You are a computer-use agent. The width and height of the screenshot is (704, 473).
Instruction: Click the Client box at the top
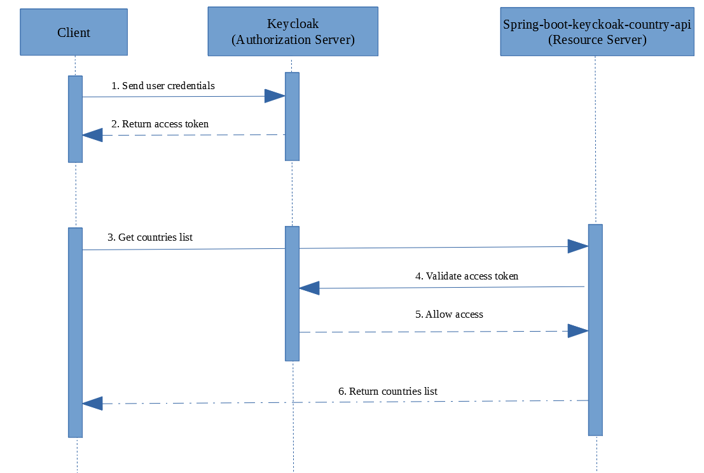74,32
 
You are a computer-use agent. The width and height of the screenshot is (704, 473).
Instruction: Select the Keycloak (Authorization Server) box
293,32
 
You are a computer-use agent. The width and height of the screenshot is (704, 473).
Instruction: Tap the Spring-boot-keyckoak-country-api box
597,32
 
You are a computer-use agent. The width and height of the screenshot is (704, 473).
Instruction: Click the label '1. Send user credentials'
163,85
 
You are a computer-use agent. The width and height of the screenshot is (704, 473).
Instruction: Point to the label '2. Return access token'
160,124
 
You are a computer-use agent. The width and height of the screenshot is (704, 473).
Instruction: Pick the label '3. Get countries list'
149,237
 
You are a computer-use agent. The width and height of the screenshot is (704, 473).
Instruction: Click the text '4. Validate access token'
467,276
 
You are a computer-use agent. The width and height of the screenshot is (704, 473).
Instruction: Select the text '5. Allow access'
449,314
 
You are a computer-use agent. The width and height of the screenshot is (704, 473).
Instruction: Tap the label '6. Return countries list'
387,392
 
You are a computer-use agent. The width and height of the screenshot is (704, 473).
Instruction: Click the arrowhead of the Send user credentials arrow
275,96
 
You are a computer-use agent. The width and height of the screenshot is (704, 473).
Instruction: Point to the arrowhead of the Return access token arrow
92,134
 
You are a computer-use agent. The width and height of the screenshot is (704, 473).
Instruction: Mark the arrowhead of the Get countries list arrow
577,246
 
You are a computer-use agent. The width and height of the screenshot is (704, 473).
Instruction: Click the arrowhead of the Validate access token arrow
309,288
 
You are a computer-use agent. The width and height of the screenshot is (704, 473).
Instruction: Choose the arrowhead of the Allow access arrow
577,331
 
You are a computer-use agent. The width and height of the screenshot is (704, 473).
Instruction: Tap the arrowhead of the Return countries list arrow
92,403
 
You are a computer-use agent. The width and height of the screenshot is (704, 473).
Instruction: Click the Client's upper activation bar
75,119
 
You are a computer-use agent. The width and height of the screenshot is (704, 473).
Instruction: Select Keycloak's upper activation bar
292,116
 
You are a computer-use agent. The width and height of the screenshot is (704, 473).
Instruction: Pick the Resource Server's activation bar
595,330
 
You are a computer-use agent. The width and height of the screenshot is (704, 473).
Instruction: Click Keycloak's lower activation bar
292,293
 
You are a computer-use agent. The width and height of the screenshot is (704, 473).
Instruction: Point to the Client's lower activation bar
75,332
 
